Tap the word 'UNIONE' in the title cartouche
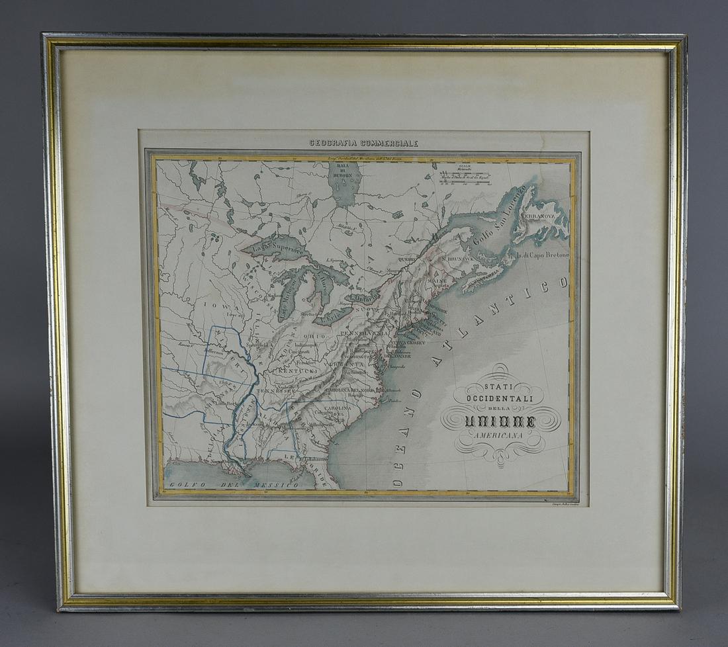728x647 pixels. pos(500,418)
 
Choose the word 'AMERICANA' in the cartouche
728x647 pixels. pos(500,435)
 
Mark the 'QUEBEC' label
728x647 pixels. pos(408,260)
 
